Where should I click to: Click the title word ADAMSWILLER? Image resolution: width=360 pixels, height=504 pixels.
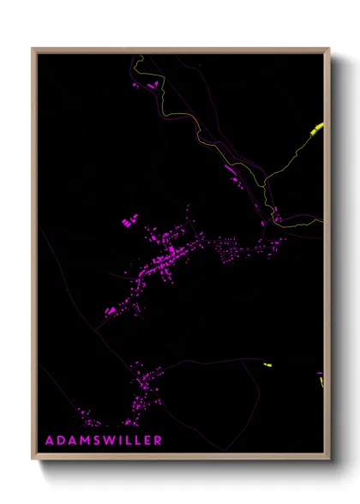[104, 440]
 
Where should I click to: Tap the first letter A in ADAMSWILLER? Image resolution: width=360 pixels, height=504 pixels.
[48, 440]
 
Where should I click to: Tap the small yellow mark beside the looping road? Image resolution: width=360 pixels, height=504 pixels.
[267, 366]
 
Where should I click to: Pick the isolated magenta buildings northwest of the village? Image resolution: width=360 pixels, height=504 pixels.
[129, 222]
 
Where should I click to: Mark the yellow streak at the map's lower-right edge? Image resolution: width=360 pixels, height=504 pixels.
[321, 380]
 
